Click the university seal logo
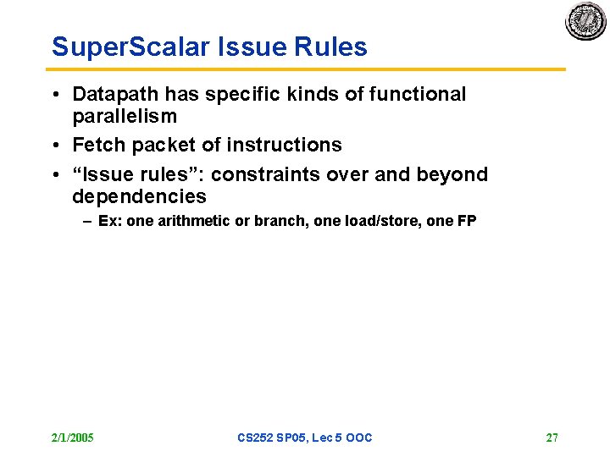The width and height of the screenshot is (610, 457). (x=586, y=21)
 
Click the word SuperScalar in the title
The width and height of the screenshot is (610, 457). (x=125, y=47)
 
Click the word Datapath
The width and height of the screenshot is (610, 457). (x=116, y=94)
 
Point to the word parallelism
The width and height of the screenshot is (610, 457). (x=125, y=116)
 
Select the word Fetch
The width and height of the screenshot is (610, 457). (x=99, y=146)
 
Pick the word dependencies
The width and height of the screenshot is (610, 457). (x=139, y=197)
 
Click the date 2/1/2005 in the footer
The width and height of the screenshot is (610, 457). (x=72, y=438)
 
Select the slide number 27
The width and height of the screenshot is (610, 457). (x=552, y=438)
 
